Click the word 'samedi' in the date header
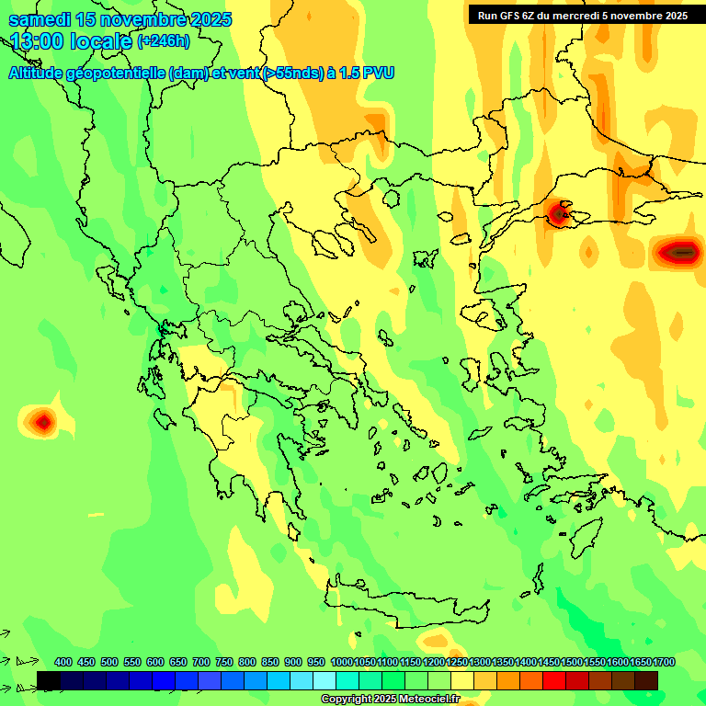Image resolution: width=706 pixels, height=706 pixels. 40,19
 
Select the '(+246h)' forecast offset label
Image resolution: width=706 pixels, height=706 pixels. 164,41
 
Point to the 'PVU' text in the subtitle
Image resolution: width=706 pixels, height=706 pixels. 376,73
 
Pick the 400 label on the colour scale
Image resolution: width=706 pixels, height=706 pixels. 63,662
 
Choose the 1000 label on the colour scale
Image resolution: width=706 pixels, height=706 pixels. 342,662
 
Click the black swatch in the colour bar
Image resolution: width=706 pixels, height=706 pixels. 49,680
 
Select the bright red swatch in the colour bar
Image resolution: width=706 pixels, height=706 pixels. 554,680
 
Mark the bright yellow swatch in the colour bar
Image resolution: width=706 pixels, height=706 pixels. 462,680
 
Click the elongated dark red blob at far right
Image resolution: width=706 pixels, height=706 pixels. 680,251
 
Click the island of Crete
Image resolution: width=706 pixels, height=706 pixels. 404,602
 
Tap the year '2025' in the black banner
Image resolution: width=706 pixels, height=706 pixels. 671,16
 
